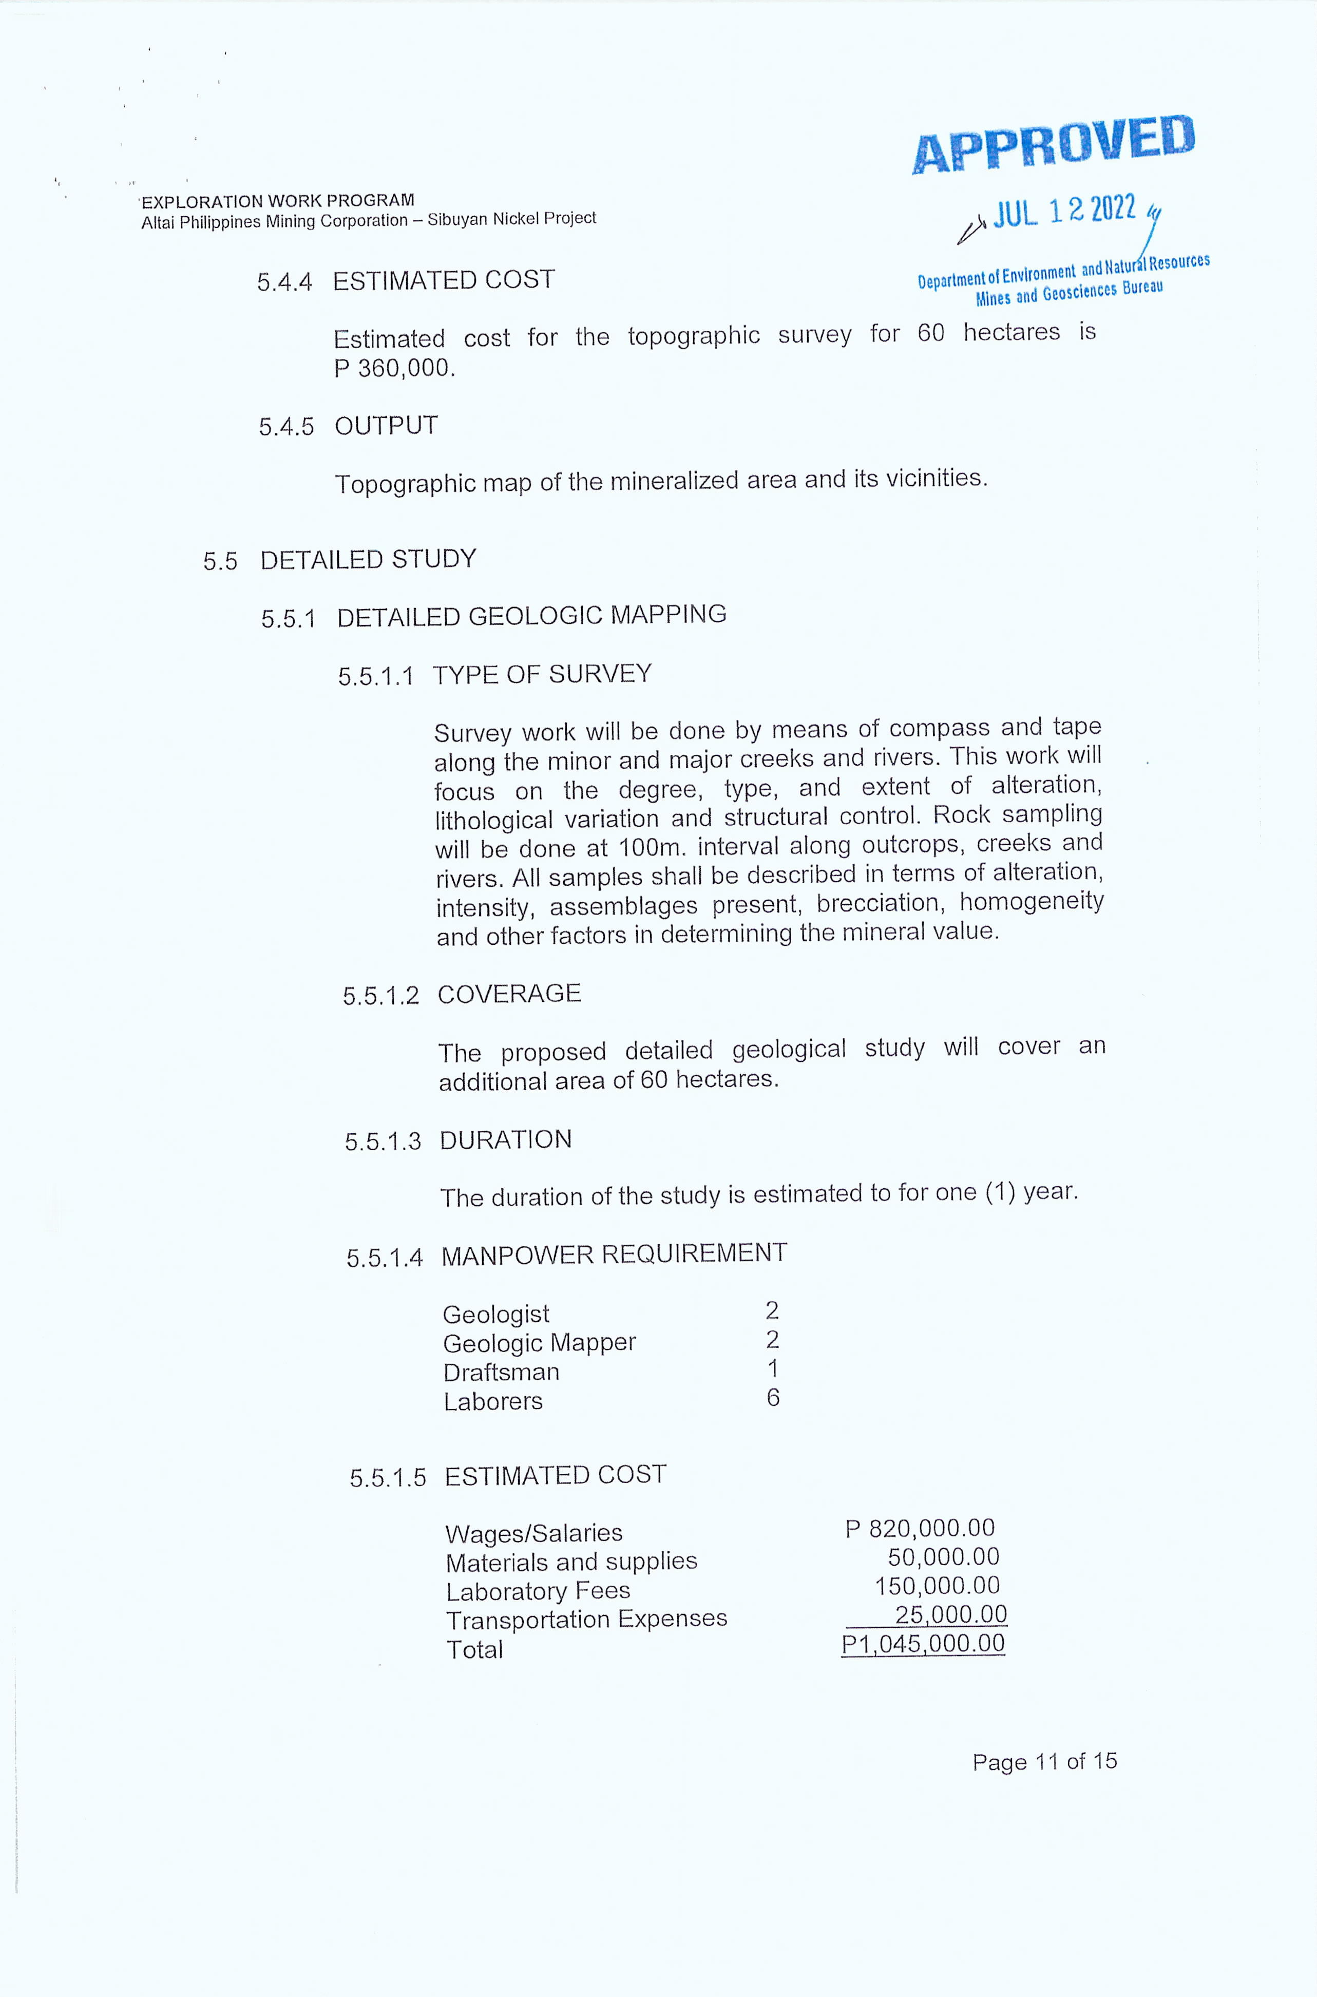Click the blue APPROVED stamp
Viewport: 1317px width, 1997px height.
pyautogui.click(x=1053, y=144)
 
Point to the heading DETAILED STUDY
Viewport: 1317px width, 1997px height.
pyautogui.click(x=368, y=559)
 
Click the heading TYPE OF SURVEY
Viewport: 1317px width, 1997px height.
pyautogui.click(x=542, y=674)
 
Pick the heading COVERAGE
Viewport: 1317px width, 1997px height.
pyautogui.click(x=509, y=994)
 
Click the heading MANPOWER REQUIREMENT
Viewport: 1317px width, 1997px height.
pyautogui.click(x=614, y=1254)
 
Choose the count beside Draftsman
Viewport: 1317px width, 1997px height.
pyautogui.click(x=773, y=1369)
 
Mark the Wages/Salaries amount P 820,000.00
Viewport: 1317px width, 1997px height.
pyautogui.click(x=920, y=1528)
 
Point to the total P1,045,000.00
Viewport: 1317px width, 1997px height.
pyautogui.click(x=923, y=1643)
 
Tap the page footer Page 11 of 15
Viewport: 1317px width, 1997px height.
pyautogui.click(x=1045, y=1761)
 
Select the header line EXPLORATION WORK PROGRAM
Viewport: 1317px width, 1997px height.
pyautogui.click(x=278, y=201)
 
